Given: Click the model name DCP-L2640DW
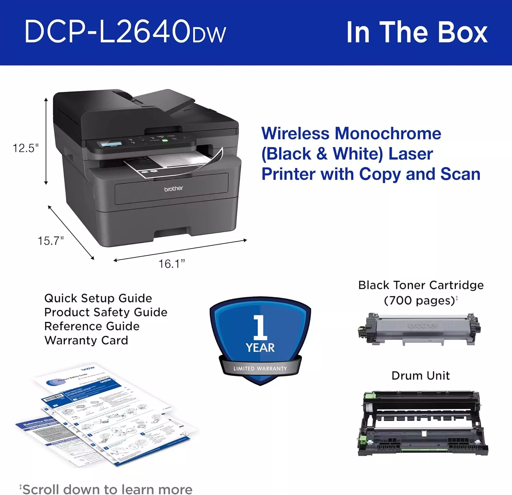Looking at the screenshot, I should click(x=125, y=32).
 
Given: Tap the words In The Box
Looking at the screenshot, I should click(x=417, y=32).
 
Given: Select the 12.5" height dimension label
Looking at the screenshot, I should click(x=26, y=148).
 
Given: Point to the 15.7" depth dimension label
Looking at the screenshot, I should click(x=51, y=241).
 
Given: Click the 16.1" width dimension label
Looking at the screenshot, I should click(x=172, y=264).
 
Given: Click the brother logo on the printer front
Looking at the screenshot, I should click(x=173, y=189).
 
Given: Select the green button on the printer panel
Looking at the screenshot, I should click(x=165, y=140).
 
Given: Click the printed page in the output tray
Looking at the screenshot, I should click(x=177, y=162).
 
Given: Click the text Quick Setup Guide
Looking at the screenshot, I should click(x=98, y=298).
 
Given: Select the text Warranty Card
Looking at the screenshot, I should click(x=86, y=340).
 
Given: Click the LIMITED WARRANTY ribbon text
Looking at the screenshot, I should click(x=260, y=369).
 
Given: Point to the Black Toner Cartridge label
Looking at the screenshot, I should click(x=421, y=285).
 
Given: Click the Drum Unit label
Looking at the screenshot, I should click(x=421, y=376).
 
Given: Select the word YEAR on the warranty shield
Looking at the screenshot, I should click(x=260, y=348).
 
